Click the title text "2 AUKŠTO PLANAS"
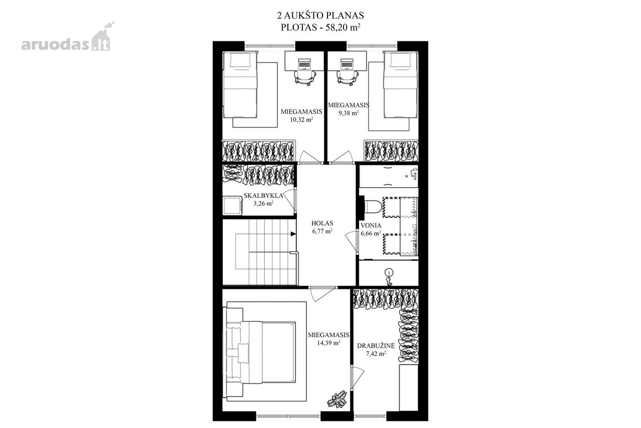320,15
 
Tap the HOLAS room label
322,223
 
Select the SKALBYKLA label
263,196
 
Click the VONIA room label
371,226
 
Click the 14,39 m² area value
329,342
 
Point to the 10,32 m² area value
301,119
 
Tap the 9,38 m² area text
348,113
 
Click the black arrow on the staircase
293,234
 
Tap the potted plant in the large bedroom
338,399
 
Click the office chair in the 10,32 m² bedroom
306,78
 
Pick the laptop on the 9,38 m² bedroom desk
347,64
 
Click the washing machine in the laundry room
233,205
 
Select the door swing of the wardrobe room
357,377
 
